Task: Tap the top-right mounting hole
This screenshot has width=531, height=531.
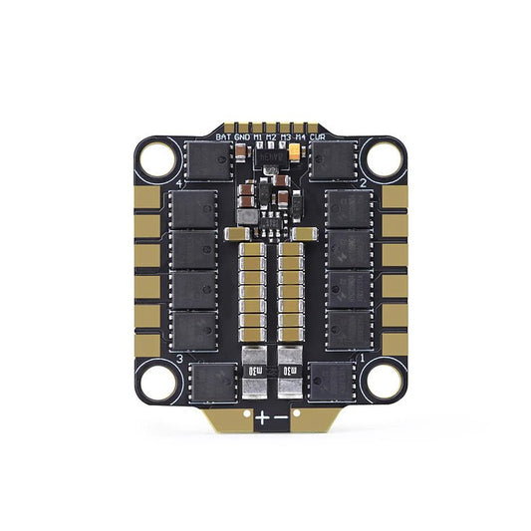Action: tap(379, 157)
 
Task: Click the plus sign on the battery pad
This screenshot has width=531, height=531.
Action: tap(261, 418)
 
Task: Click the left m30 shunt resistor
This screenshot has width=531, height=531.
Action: tap(252, 372)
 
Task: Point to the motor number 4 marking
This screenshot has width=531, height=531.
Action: tap(178, 184)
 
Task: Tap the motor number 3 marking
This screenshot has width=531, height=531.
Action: tap(178, 357)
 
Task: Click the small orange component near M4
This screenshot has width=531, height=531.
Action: tap(297, 152)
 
